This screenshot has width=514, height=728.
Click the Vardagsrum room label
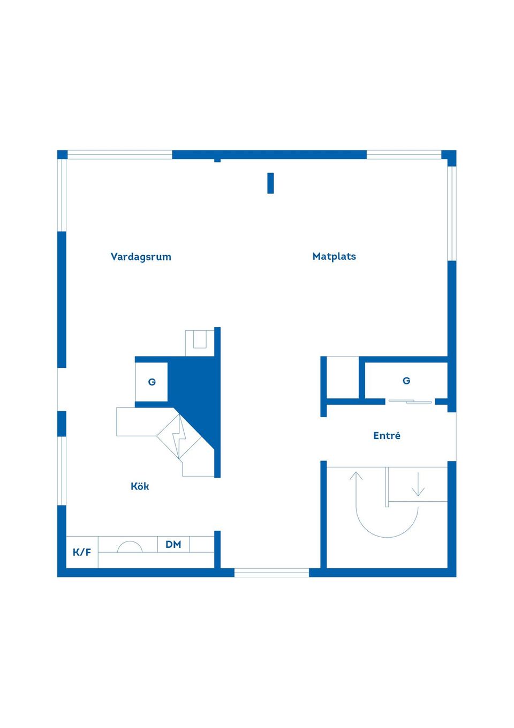[x=140, y=257]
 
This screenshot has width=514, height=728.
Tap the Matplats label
[x=334, y=256]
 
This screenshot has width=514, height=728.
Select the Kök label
[x=140, y=486]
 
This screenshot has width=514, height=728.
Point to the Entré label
[x=387, y=435]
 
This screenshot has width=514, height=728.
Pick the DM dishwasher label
[x=173, y=544]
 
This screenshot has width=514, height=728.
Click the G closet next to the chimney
[x=152, y=382]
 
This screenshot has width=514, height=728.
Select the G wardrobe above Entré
[x=406, y=381]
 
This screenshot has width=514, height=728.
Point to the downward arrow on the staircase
[x=418, y=484]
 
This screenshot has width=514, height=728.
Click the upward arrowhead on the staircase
[x=356, y=476]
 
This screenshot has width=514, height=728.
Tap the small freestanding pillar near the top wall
[x=270, y=183]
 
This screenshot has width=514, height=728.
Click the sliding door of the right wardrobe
[x=410, y=402]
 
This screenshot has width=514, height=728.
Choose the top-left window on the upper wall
[x=120, y=155]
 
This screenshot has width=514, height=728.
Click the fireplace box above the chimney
[x=200, y=343]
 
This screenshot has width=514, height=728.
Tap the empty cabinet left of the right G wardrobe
[x=343, y=377]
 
